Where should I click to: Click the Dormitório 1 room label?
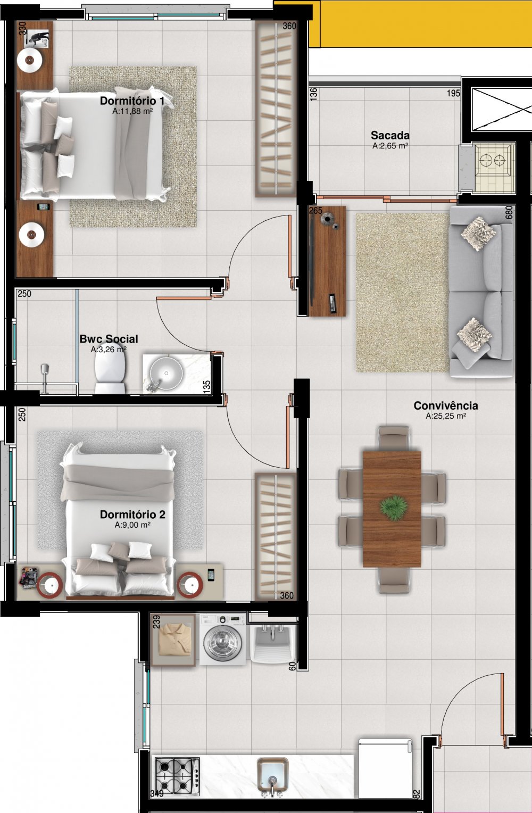(132, 101)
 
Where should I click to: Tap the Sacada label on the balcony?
(390, 135)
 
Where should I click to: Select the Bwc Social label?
(109, 339)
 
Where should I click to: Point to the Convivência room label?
(446, 405)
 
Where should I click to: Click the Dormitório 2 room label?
(132, 515)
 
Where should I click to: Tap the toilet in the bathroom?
(110, 372)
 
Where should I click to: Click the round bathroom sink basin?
(166, 373)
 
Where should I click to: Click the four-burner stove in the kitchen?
(178, 775)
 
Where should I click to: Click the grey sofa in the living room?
(481, 292)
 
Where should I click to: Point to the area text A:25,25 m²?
(446, 416)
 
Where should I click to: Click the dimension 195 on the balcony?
(453, 93)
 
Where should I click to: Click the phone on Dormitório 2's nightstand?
(211, 575)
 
